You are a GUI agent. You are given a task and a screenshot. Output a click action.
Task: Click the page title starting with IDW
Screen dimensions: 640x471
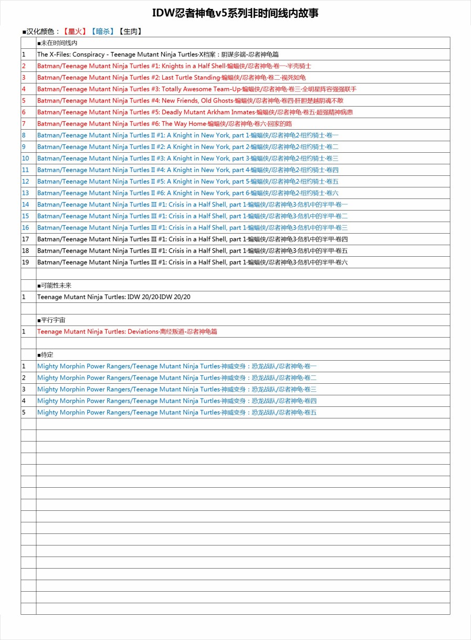[x=235, y=13]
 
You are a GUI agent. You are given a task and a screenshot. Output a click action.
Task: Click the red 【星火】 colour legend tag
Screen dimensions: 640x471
[x=75, y=32]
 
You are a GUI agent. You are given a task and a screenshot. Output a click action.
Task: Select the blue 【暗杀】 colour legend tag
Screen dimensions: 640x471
[x=102, y=32]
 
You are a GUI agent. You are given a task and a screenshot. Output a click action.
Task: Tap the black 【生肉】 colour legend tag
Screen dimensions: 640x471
[x=130, y=32]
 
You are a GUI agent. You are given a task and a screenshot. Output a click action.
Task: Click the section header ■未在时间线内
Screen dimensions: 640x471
[x=57, y=43]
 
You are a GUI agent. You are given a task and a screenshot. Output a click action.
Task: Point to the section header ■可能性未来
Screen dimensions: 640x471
[x=54, y=286]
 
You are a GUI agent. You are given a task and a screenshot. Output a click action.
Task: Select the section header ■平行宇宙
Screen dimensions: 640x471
[x=51, y=320]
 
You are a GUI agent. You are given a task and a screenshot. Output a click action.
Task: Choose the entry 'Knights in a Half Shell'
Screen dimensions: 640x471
[x=173, y=66]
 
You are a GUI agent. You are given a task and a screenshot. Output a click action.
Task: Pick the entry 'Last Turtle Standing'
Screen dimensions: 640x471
[x=171, y=78]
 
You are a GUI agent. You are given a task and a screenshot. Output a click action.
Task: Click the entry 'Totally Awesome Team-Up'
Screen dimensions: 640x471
[x=196, y=89]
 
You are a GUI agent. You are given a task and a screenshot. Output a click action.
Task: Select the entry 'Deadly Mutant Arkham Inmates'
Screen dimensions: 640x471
[x=195, y=112]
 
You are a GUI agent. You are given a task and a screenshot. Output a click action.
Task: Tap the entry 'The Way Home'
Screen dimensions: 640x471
[x=164, y=124]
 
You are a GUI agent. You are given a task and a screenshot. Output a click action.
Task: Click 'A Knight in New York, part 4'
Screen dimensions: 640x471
[x=187, y=170]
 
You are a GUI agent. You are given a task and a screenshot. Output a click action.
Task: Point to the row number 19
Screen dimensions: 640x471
[x=25, y=263]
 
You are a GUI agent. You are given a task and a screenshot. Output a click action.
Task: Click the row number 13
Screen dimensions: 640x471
[x=25, y=193]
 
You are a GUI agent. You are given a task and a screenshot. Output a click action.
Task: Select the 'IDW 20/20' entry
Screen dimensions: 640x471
[x=113, y=297]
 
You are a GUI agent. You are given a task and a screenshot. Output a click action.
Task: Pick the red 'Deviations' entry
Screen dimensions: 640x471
[x=127, y=332]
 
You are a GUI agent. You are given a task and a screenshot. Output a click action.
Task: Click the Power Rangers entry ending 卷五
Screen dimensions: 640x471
[x=176, y=413]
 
